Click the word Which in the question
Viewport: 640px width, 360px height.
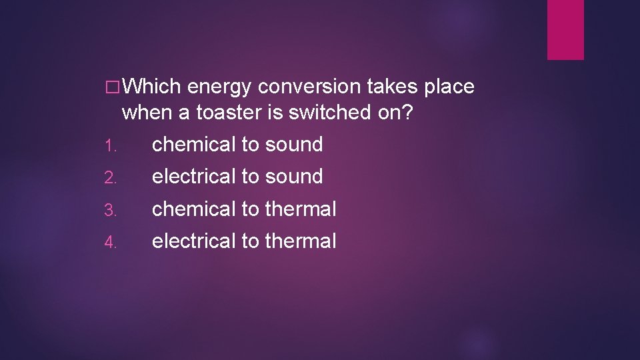click(x=152, y=87)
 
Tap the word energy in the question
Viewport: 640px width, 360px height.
click(x=219, y=87)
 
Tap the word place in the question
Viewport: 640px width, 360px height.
click(x=449, y=87)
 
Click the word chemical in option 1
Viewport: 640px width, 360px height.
click(x=194, y=144)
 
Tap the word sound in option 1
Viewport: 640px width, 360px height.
click(x=294, y=144)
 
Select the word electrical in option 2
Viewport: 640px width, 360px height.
click(x=194, y=176)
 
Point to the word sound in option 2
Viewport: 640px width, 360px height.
click(x=294, y=176)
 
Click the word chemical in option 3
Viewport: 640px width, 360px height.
click(x=194, y=209)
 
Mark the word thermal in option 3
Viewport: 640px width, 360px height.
click(x=301, y=209)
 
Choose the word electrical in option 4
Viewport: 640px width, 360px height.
click(x=194, y=241)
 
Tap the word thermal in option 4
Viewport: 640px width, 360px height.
click(x=301, y=241)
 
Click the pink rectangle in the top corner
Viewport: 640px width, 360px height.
click(x=565, y=29)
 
